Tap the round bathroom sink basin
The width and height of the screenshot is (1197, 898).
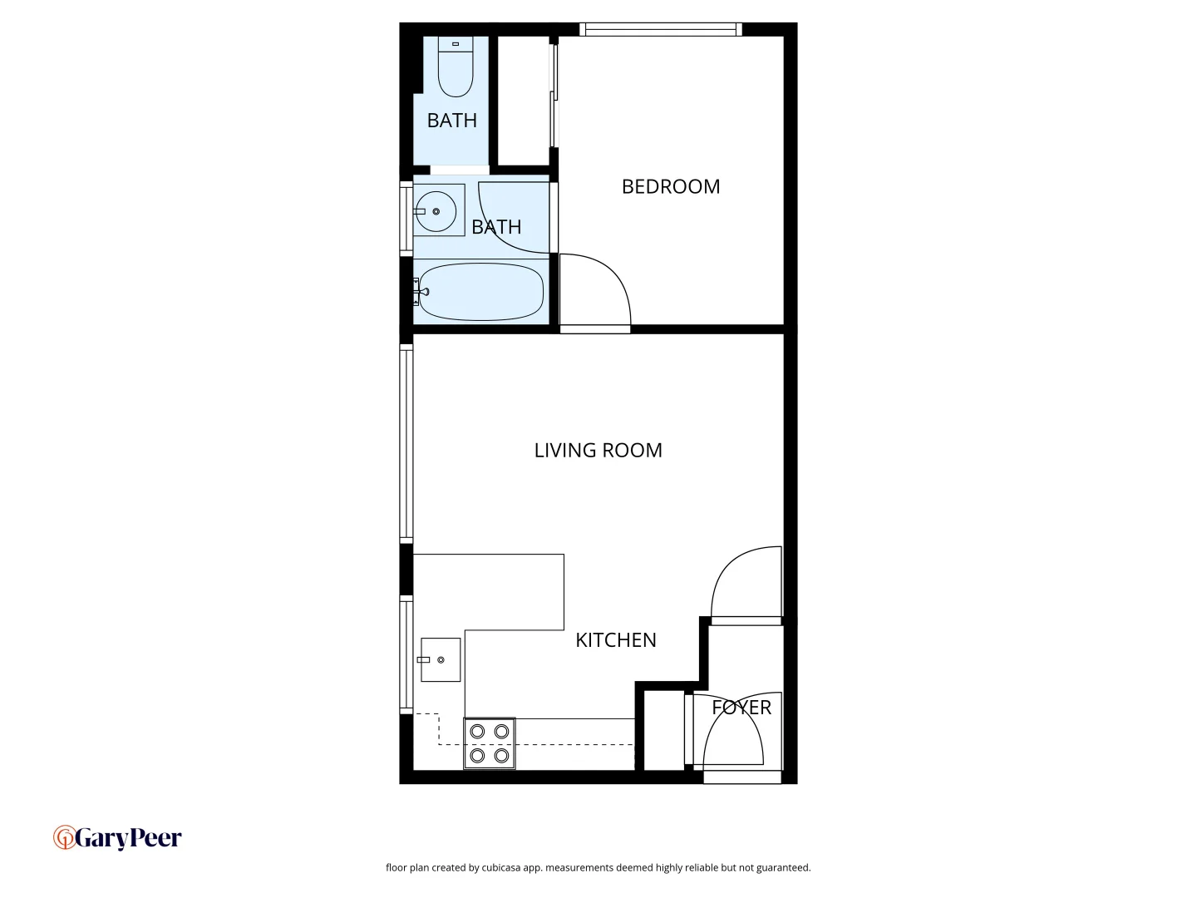(x=436, y=211)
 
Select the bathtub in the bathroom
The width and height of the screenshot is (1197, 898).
(x=480, y=292)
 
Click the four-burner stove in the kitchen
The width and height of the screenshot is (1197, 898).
(x=490, y=743)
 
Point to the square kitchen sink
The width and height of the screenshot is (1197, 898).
(x=441, y=660)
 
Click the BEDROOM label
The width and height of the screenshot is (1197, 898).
(x=671, y=187)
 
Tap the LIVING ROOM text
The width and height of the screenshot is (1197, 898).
(x=598, y=451)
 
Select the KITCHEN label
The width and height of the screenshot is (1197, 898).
(x=616, y=640)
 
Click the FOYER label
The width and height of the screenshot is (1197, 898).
(x=741, y=708)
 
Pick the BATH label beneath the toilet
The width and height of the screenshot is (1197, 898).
(x=452, y=121)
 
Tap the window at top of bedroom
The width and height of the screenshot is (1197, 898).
(x=661, y=30)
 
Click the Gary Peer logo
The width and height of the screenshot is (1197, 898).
(x=117, y=838)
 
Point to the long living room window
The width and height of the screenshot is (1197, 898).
(x=406, y=445)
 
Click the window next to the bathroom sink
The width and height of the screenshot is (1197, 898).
(x=406, y=218)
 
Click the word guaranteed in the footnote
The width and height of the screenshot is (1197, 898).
(x=783, y=868)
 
